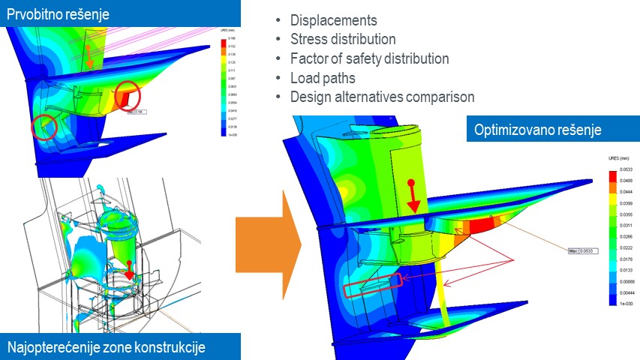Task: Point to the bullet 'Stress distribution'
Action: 342,39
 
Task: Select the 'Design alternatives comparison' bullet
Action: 382,97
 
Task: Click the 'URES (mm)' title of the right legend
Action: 617,159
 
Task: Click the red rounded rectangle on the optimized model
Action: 373,286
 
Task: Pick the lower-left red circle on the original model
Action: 44,126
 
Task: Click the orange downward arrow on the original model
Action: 89,57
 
